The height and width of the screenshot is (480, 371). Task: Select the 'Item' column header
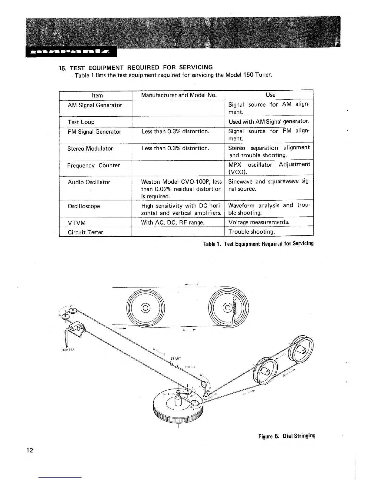point(97,95)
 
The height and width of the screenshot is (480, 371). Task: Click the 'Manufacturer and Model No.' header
point(179,95)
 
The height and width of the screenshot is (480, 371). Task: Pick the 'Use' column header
point(270,95)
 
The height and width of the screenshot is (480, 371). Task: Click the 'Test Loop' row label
point(81,122)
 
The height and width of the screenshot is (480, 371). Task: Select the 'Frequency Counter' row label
point(93,165)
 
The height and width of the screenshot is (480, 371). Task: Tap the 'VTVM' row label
point(77,223)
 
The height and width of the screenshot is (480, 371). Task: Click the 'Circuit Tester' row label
point(85,232)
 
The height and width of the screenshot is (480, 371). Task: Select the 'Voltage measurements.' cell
point(259,222)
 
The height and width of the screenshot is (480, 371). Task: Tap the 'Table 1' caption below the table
point(258,244)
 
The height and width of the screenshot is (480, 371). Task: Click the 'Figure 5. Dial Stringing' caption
point(287,436)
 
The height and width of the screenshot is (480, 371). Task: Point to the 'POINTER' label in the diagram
point(66,349)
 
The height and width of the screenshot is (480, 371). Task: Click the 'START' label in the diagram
point(176,358)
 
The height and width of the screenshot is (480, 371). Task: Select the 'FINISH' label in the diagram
point(189,367)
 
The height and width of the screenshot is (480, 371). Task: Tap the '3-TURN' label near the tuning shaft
point(169,394)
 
